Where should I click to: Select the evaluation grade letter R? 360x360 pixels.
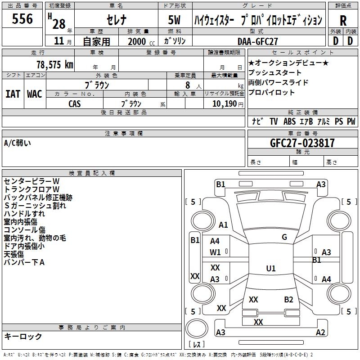[x=343, y=21]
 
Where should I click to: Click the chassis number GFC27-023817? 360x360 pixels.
[x=302, y=143]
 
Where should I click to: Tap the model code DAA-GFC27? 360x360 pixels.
[x=258, y=41]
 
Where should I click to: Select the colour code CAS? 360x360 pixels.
[x=75, y=103]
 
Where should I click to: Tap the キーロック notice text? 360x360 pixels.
[x=23, y=336]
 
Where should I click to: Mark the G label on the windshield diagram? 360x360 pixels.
[x=284, y=237]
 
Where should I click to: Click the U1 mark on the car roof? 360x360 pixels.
[x=271, y=269]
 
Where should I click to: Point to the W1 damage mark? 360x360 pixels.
[x=215, y=252]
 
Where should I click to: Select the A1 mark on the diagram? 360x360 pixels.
[x=223, y=225]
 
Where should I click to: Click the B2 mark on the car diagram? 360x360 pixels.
[x=288, y=300]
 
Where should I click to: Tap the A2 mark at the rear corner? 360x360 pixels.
[x=320, y=333]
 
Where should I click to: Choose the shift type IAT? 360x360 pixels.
[x=13, y=94]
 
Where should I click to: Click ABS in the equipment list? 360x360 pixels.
[x=289, y=121]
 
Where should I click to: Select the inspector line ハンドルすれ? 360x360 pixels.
[x=24, y=214]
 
